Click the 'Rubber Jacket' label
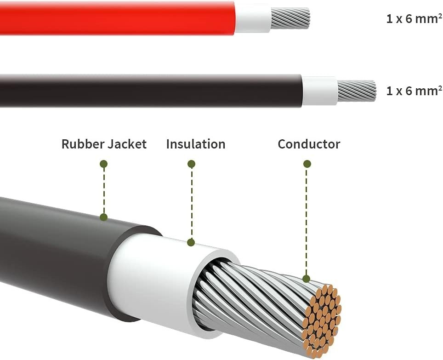pos(104,144)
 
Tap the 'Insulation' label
pos(196,144)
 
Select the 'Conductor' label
pos(309,144)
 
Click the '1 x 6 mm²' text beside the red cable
pos(414,19)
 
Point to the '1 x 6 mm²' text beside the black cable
pos(414,91)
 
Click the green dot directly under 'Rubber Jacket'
pos(104,164)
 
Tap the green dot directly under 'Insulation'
pos(191,164)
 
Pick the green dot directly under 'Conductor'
pos(307,164)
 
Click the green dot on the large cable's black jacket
pos(104,217)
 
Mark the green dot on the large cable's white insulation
pos(191,242)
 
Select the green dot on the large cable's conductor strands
pos(306,279)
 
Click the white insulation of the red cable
pos(253,18)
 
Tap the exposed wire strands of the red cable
pos(290,18)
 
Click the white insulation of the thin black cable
pos(320,91)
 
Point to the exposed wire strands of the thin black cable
pos(357,91)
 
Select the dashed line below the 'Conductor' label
pos(307,222)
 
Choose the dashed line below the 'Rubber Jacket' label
pos(104,191)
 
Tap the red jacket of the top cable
pos(117,18)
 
